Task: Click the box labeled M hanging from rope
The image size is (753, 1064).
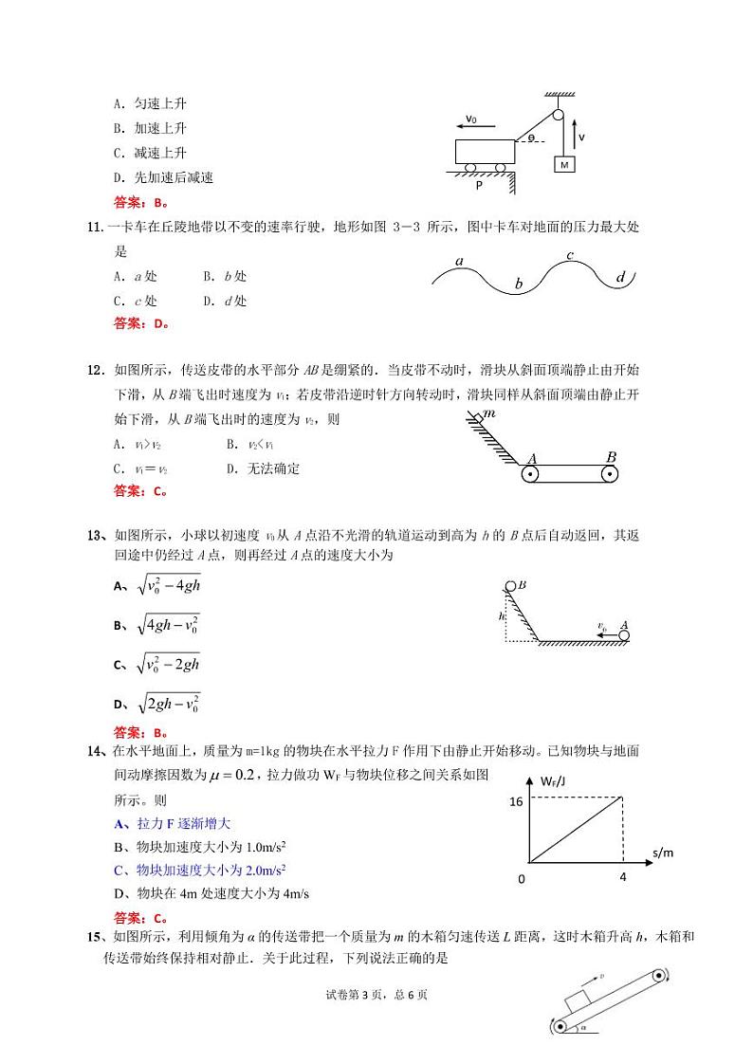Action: point(564,164)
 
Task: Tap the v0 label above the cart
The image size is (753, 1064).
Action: point(471,120)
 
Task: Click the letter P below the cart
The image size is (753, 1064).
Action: point(479,186)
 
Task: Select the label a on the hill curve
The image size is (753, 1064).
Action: point(459,261)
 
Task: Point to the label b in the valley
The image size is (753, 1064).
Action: point(519,283)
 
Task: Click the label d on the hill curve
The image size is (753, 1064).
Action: point(620,277)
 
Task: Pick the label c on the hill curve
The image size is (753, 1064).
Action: point(570,255)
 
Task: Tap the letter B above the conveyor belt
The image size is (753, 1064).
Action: point(611,457)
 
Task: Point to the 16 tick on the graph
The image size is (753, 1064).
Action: point(516,801)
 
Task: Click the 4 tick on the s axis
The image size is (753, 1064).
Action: point(623,877)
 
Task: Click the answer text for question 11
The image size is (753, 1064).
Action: point(140,323)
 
